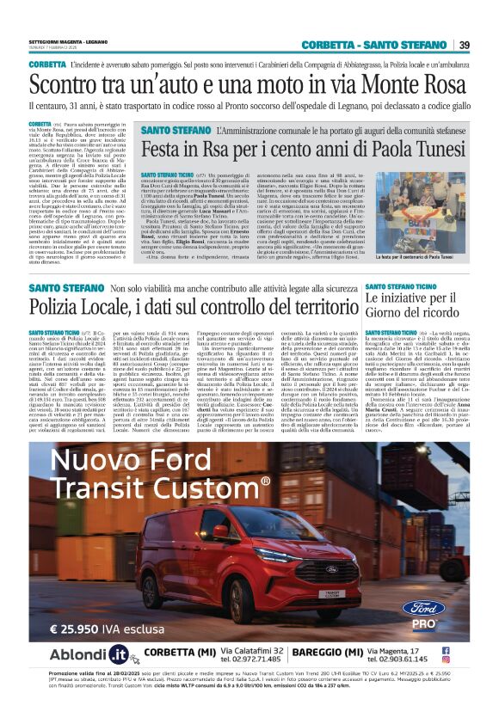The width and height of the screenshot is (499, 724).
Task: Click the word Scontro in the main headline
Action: pos(65,86)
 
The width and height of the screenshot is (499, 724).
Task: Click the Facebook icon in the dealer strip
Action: pos(470,650)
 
